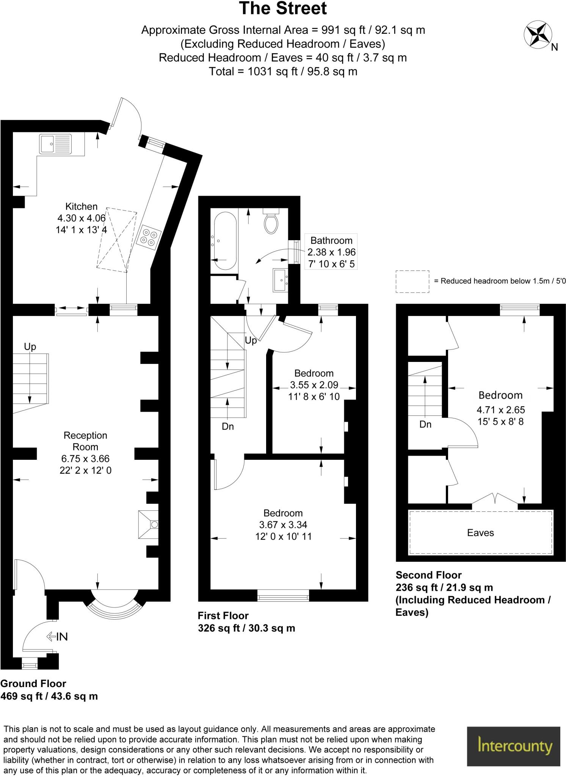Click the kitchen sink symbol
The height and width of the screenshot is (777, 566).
pyautogui.click(x=55, y=144)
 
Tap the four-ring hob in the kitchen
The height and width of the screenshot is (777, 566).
pyautogui.click(x=149, y=237)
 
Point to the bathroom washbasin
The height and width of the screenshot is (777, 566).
pyautogui.click(x=280, y=280)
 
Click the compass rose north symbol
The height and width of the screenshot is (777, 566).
pyautogui.click(x=538, y=35)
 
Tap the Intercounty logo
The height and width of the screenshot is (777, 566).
pyautogui.click(x=513, y=746)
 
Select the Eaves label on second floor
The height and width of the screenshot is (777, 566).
pyautogui.click(x=480, y=533)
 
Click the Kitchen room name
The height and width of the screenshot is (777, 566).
pyautogui.click(x=82, y=206)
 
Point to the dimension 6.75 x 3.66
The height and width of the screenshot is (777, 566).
pyautogui.click(x=85, y=459)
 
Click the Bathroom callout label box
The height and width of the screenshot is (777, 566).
pyautogui.click(x=331, y=252)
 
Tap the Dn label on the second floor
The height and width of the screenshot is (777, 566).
pyautogui.click(x=425, y=424)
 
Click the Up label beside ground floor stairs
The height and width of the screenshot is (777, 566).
pyautogui.click(x=30, y=346)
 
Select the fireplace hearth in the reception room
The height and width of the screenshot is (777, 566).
pyautogui.click(x=148, y=525)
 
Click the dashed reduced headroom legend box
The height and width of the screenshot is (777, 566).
pyautogui.click(x=412, y=282)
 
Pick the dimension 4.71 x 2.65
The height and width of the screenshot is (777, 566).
pyautogui.click(x=500, y=410)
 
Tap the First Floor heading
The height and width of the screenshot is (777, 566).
pyautogui.click(x=223, y=615)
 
